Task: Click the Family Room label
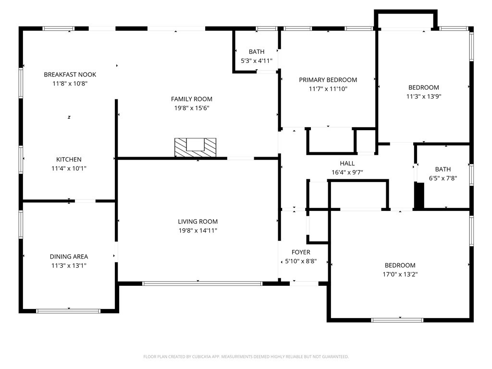coord(191,99)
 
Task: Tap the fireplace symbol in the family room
coord(195,148)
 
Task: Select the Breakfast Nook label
coord(70,74)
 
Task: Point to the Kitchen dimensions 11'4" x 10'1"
coord(69,169)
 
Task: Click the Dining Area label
coord(69,257)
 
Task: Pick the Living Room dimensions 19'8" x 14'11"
coord(197,231)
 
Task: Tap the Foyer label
coord(301,252)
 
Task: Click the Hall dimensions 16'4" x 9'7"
coord(347,172)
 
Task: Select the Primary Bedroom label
coord(328,80)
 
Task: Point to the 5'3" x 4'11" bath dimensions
coord(257,61)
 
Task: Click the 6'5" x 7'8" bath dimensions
coord(443,179)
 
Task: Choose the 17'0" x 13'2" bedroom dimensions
coord(400,274)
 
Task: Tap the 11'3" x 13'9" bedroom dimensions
coord(424,97)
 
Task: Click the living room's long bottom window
coord(202,283)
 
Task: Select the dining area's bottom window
coord(68,311)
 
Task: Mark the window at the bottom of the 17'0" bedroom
coord(397,320)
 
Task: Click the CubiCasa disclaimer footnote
coord(246,357)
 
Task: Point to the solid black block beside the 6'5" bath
coord(419,196)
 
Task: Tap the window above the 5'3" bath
coord(266,28)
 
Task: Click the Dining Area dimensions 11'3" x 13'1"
coord(69,266)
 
